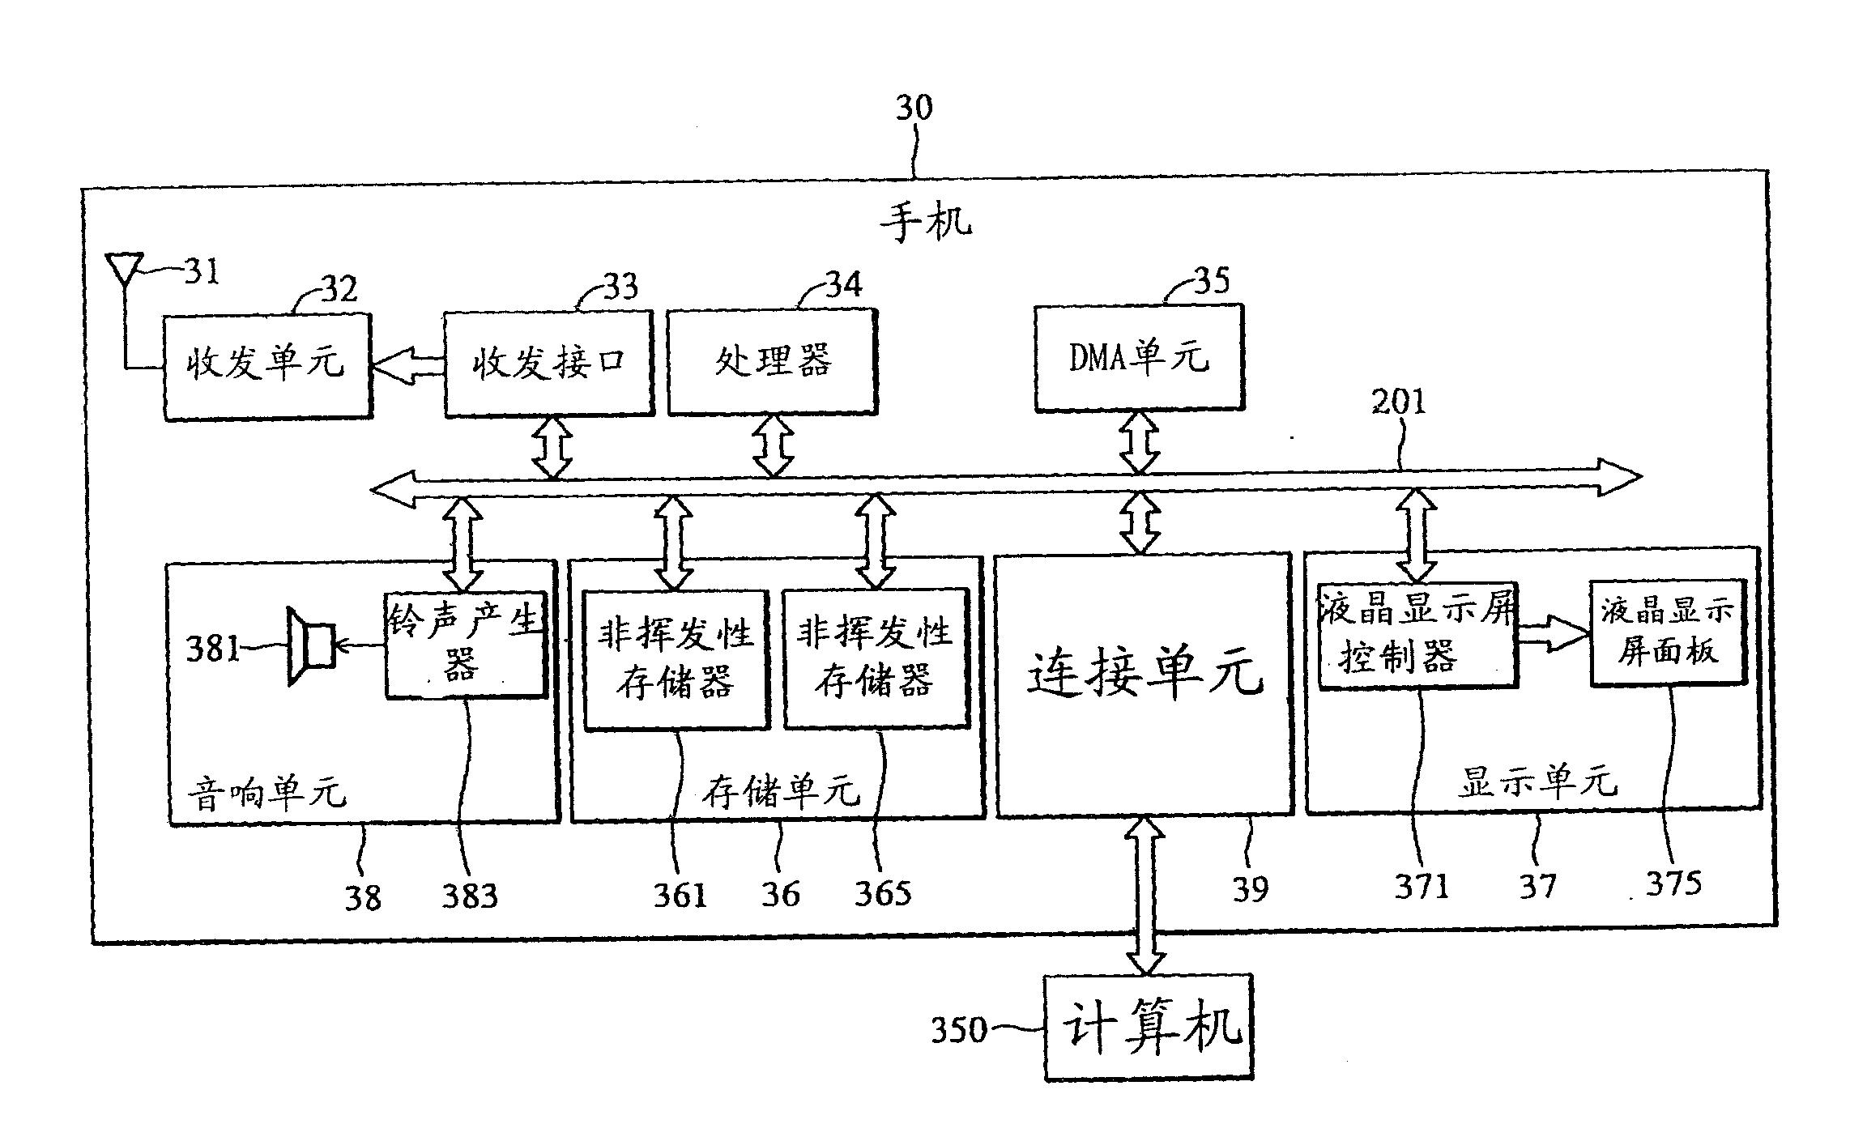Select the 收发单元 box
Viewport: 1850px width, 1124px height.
pos(267,366)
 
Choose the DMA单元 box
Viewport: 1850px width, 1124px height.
pos(1139,357)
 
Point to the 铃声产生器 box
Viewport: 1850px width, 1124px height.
pos(465,645)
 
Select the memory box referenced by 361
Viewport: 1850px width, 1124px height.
pos(676,658)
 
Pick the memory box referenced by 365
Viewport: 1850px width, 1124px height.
pos(876,658)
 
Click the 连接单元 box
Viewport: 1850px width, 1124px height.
pos(1143,683)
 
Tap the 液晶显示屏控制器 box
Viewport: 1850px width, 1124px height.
pos(1417,636)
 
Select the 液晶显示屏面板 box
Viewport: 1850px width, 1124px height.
pos(1668,633)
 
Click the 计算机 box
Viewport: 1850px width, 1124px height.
pos(1149,1028)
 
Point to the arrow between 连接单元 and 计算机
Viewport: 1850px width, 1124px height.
pos(1146,894)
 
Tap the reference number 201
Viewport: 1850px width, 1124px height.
pos(1398,402)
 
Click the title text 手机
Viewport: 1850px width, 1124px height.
pos(925,220)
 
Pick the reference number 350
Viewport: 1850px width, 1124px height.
pos(959,1030)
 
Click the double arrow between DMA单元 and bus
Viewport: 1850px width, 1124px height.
pos(1140,442)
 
